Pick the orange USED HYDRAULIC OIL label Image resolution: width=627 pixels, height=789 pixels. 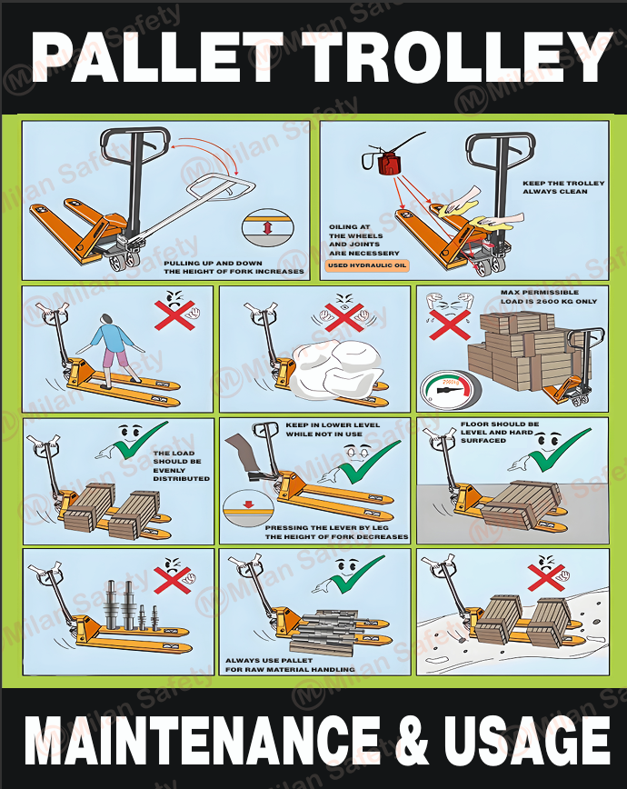(x=367, y=266)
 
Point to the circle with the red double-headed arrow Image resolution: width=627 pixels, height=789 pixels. (x=266, y=229)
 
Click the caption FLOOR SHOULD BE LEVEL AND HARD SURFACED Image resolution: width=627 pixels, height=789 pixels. (x=500, y=432)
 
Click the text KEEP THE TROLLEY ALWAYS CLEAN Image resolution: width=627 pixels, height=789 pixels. (x=562, y=187)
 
